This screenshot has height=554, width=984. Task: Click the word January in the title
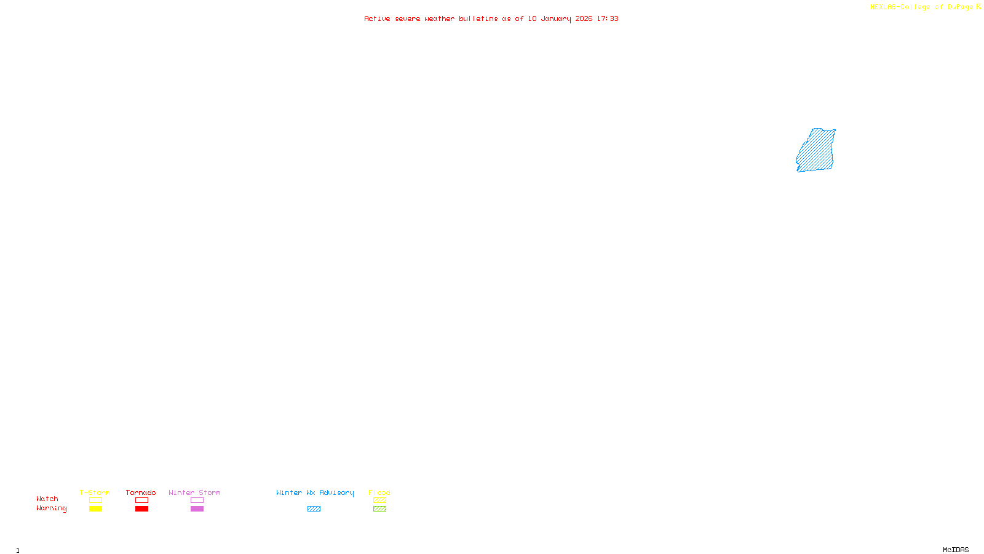(555, 19)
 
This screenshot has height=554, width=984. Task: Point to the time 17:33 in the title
(608, 19)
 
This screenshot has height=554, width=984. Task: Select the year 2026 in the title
(584, 19)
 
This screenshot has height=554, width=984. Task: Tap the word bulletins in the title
(478, 19)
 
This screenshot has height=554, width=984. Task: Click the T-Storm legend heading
(95, 492)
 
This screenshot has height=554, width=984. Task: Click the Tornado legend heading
(141, 492)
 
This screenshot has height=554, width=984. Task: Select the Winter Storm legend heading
(194, 492)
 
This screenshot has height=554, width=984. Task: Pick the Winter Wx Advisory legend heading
(315, 492)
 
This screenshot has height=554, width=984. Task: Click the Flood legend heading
(379, 492)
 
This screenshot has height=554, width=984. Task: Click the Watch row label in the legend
(47, 499)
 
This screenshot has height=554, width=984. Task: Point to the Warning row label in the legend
(51, 508)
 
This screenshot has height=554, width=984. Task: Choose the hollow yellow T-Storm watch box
(95, 500)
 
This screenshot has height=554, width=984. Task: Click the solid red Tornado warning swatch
(141, 509)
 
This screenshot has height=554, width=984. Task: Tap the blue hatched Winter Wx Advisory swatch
(314, 509)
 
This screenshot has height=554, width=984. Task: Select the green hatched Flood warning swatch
(379, 509)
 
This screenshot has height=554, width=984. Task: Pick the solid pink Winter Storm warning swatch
(197, 509)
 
